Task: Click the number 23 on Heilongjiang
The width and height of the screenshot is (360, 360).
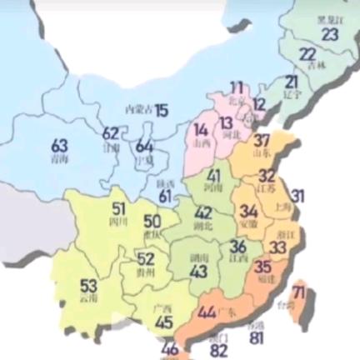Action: [331, 34]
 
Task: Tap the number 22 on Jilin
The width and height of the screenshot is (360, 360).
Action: [307, 54]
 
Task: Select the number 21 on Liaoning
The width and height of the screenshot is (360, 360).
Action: [291, 82]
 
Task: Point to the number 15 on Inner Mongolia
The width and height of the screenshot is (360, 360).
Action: [162, 109]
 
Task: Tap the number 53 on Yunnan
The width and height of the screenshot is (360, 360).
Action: [89, 285]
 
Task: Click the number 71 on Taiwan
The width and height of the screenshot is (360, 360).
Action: [299, 292]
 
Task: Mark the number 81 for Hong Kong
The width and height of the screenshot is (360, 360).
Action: [256, 338]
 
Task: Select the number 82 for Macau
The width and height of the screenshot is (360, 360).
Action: [219, 350]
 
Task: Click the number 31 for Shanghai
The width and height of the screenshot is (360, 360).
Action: [297, 197]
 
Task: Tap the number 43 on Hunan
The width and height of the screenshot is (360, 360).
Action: [198, 271]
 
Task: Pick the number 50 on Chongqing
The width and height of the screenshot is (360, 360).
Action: [152, 222]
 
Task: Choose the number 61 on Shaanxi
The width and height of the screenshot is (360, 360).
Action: [165, 196]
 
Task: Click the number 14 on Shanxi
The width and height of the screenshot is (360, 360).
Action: [201, 129]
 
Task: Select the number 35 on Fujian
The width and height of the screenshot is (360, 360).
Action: [262, 267]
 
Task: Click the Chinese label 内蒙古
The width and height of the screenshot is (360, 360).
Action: [138, 109]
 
